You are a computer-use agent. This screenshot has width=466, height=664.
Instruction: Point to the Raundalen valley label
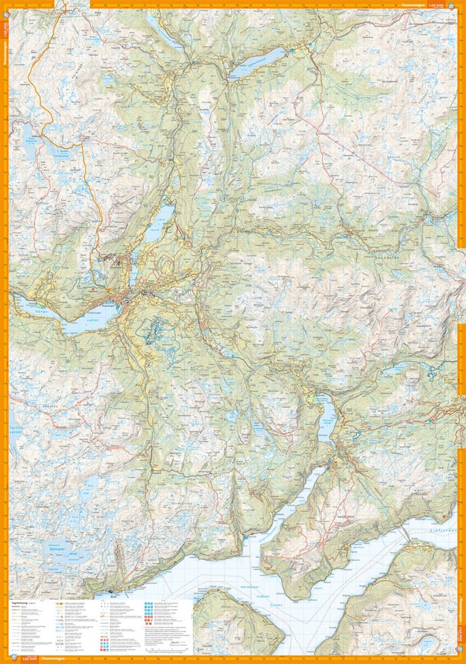(388, 256)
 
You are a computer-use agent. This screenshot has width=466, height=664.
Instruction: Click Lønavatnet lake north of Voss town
(159, 223)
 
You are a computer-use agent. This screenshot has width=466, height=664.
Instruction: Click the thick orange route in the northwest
(91, 188)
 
